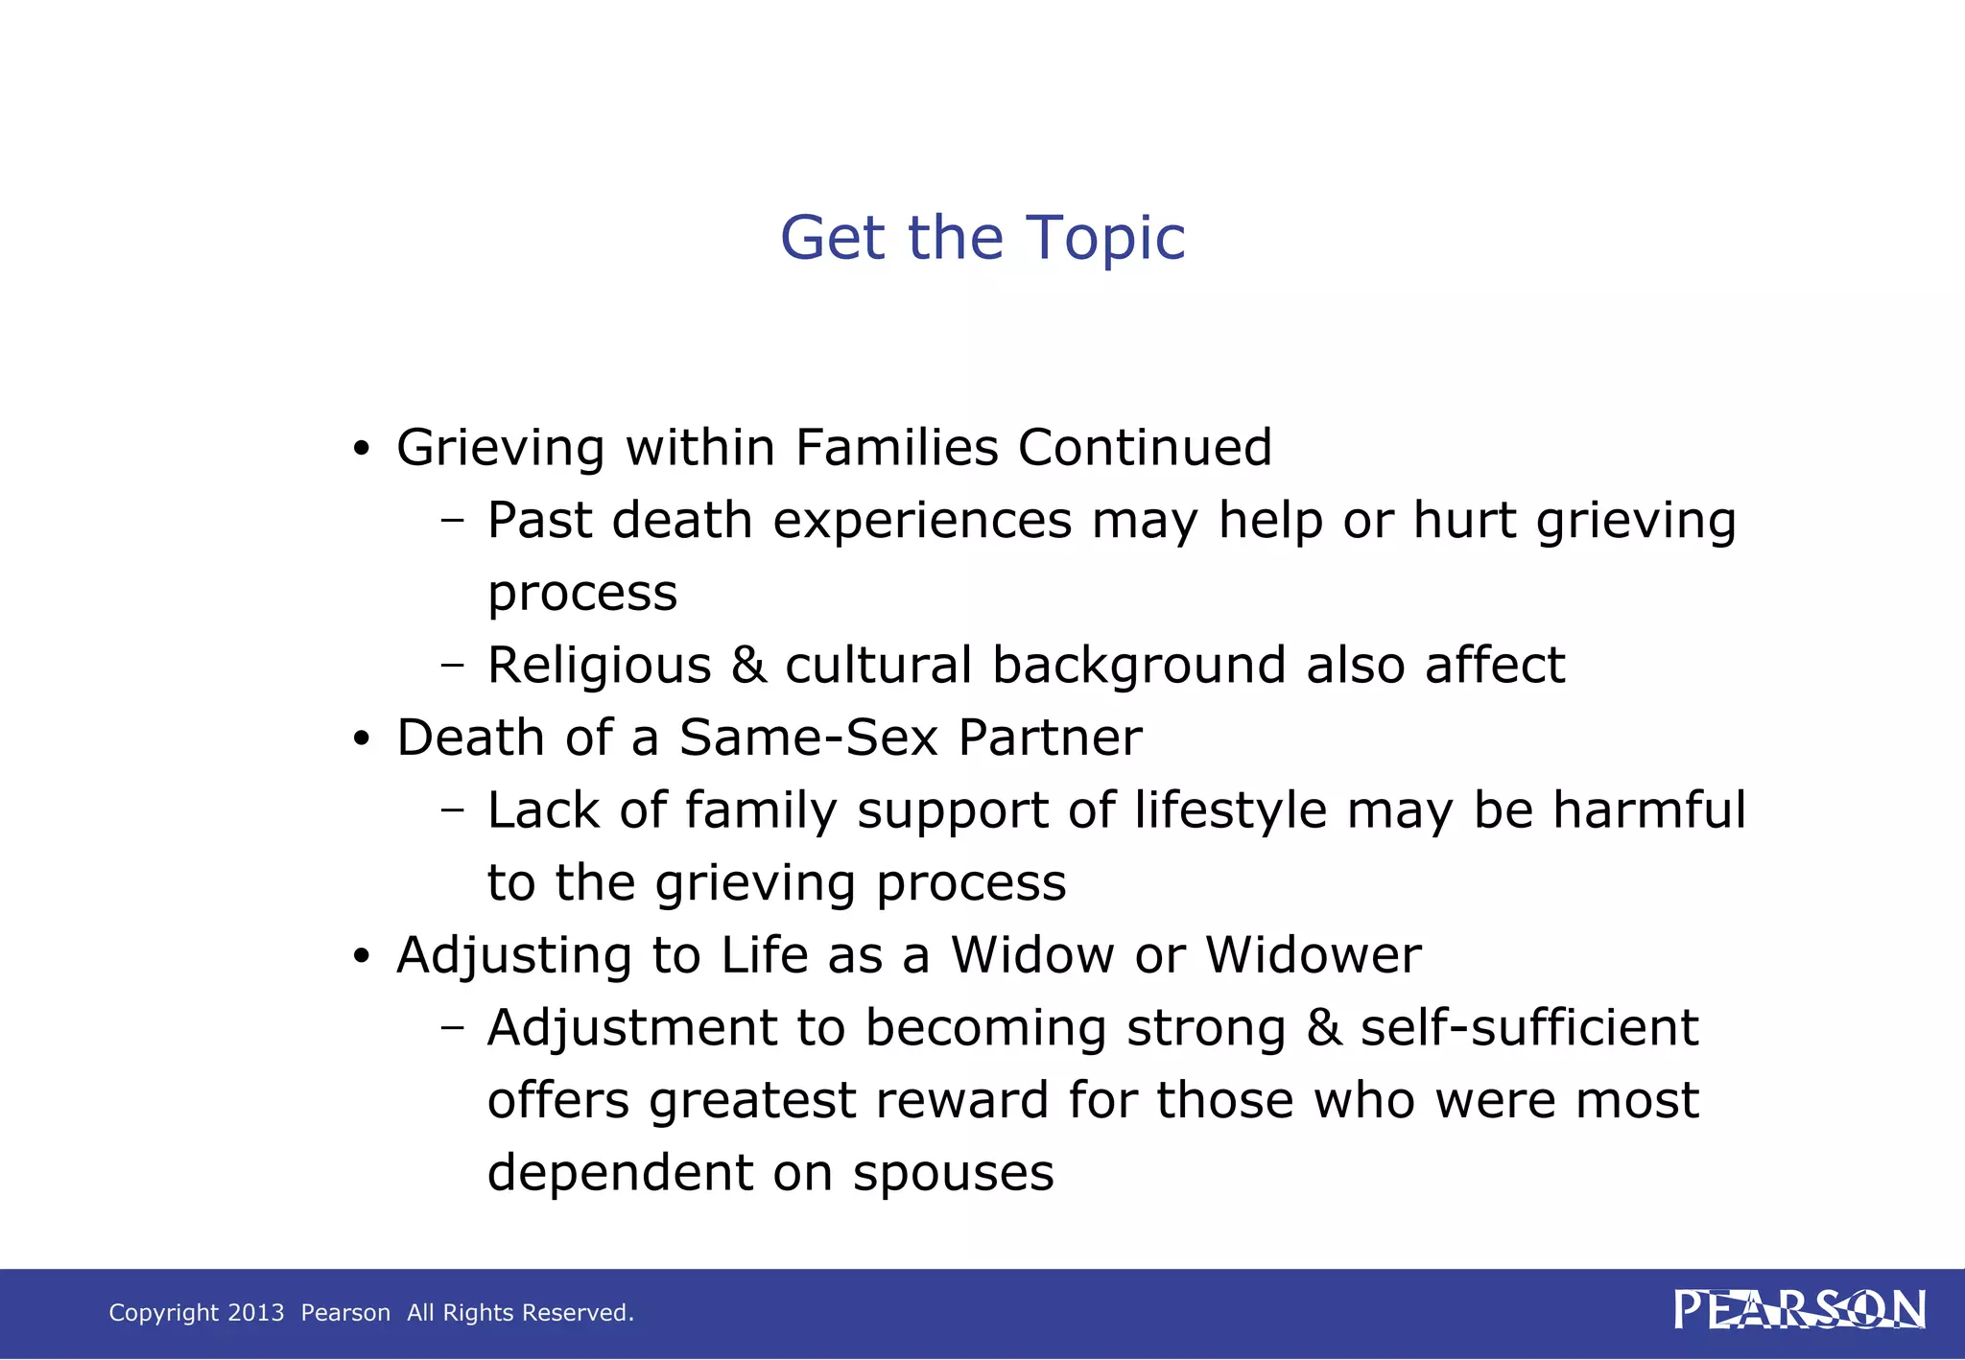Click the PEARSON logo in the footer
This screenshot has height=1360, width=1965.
pyautogui.click(x=1799, y=1310)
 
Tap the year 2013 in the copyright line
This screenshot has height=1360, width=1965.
pyautogui.click(x=255, y=1312)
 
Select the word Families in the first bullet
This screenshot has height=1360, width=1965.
pyautogui.click(x=897, y=448)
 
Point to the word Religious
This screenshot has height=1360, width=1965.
pyautogui.click(x=599, y=666)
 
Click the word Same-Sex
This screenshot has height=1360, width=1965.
pyautogui.click(x=808, y=738)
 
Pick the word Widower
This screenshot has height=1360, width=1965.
pyautogui.click(x=1313, y=955)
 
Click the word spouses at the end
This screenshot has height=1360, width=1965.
pyautogui.click(x=953, y=1173)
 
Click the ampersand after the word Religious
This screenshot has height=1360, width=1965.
pyautogui.click(x=748, y=666)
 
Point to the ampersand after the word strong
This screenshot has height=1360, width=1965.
pyautogui.click(x=1323, y=1028)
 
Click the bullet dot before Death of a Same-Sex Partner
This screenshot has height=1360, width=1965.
pyautogui.click(x=361, y=739)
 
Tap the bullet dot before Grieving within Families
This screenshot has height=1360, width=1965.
pyautogui.click(x=361, y=449)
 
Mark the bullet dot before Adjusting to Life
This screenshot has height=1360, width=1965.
pyautogui.click(x=361, y=957)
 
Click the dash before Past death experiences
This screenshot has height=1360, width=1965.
pyautogui.click(x=452, y=522)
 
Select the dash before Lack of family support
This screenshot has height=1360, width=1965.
pyautogui.click(x=452, y=811)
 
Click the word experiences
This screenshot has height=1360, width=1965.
pyautogui.click(x=922, y=521)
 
